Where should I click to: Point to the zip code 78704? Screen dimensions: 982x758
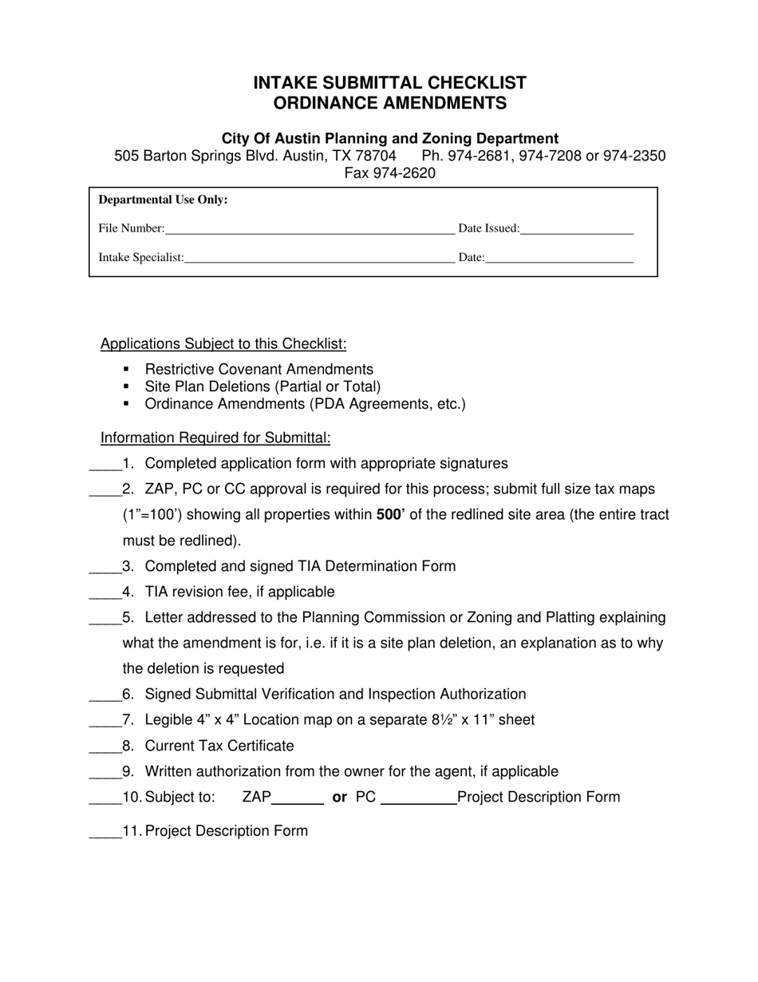[x=374, y=156]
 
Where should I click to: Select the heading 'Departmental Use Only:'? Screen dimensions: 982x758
[x=163, y=200]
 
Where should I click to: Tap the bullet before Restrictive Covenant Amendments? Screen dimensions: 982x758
[x=126, y=369]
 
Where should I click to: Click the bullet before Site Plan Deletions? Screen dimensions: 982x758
[x=126, y=386]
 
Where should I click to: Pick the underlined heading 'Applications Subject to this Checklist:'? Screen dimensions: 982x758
[x=223, y=344]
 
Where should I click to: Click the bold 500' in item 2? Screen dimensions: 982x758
[x=390, y=515]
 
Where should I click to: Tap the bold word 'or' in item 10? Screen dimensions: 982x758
[x=339, y=797]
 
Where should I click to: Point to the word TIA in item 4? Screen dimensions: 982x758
[x=158, y=592]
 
